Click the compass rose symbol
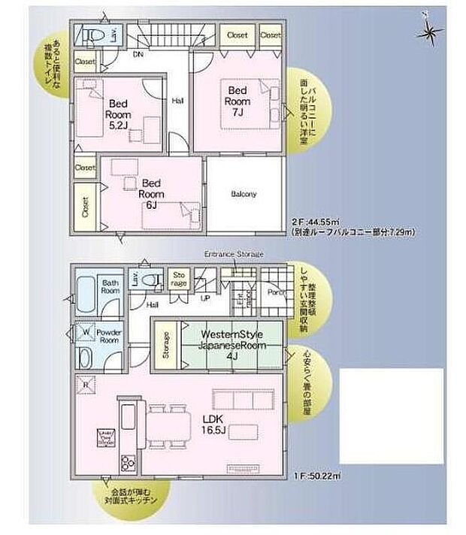point(429,32)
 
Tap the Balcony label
point(244,194)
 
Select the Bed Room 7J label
point(237,101)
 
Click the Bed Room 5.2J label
point(119,114)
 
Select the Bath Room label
point(110,286)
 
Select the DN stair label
point(138,55)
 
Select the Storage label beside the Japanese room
point(165,348)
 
